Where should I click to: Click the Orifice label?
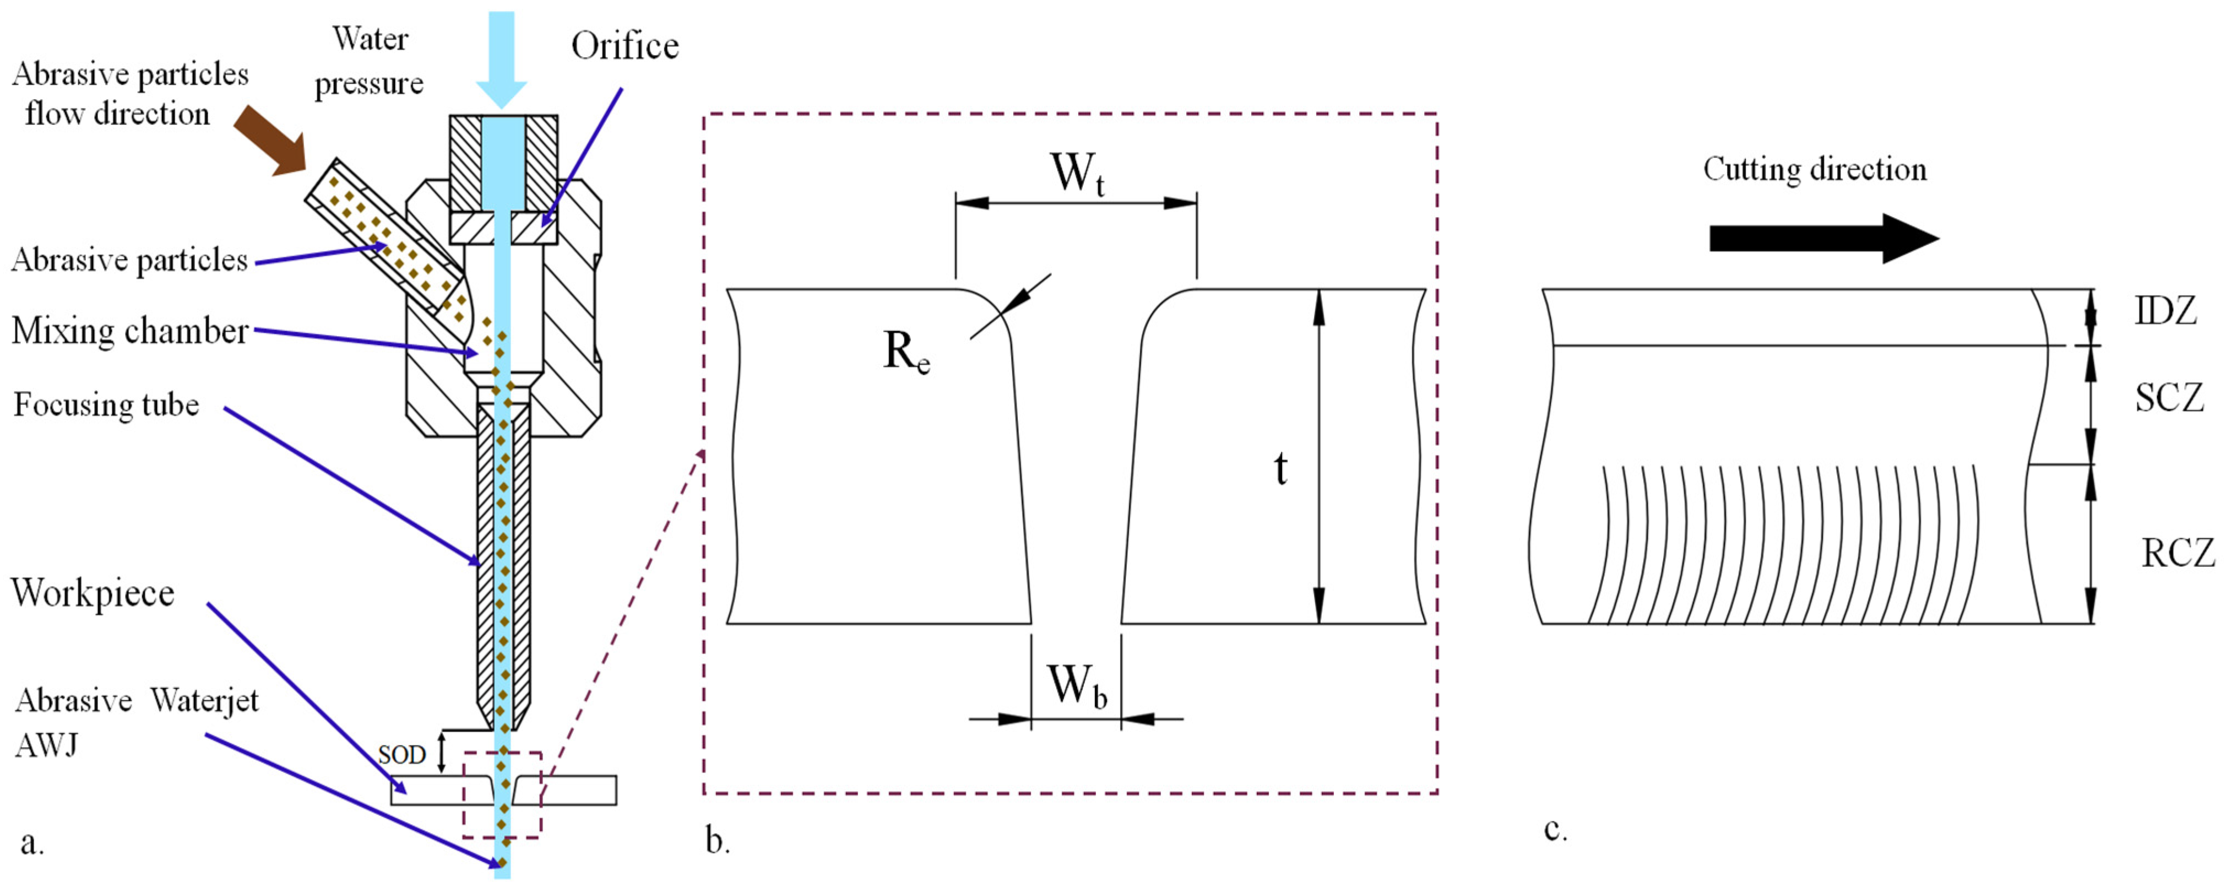tap(625, 46)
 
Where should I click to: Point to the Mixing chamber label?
tap(130, 331)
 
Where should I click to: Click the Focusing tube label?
tap(106, 404)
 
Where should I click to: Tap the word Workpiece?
tap(93, 593)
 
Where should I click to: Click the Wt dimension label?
tap(1077, 173)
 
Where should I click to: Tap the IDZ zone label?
tap(2165, 311)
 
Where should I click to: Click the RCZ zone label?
tap(2177, 553)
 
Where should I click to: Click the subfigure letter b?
tap(717, 840)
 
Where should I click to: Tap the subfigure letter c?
tap(1555, 830)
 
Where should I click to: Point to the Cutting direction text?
tap(1815, 169)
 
